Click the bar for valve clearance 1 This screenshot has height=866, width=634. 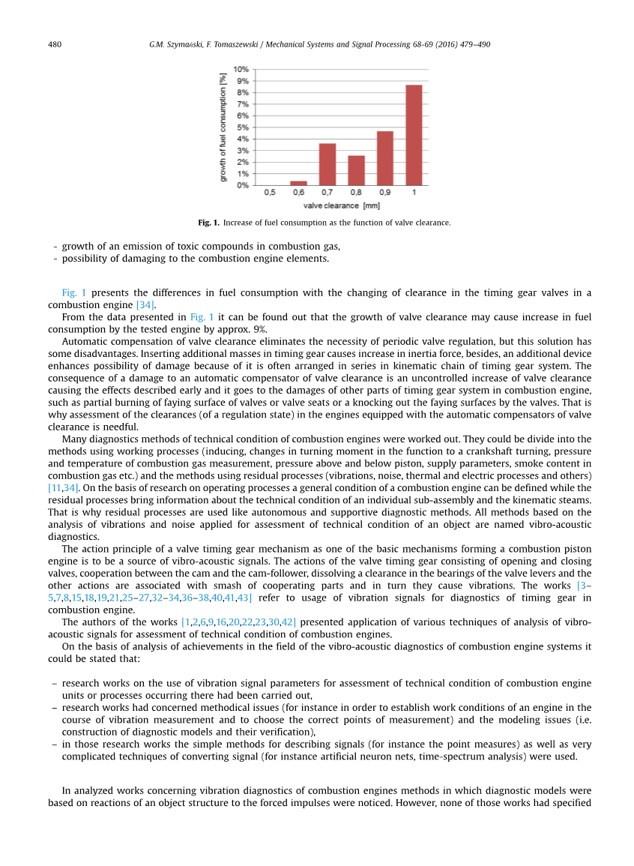tap(414, 135)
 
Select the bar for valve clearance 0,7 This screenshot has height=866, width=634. tap(327, 164)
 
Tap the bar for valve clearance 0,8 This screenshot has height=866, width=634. tap(356, 170)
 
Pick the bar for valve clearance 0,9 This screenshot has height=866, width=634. tap(385, 158)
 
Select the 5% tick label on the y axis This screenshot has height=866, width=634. tap(243, 127)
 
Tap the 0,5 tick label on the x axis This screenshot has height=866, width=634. tap(270, 193)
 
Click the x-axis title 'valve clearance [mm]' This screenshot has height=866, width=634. tap(342, 205)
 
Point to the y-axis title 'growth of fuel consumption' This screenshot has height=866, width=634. tap(223, 127)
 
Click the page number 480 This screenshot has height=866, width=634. tap(55, 44)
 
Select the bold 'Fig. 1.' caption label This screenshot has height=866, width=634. tap(208, 223)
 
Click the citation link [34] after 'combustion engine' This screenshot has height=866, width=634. tap(145, 305)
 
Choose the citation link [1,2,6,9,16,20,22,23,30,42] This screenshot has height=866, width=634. tap(238, 622)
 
